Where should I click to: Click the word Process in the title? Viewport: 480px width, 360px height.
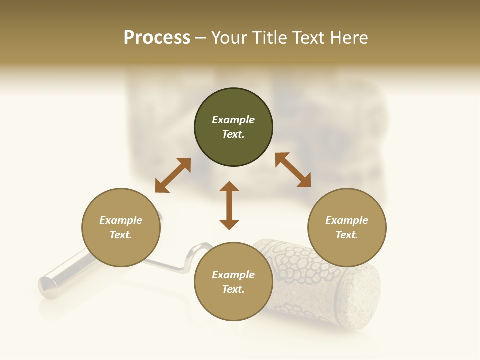coord(157,38)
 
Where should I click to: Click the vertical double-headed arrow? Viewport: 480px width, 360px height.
coord(229,205)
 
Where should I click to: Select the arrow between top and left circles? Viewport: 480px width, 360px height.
coord(173,175)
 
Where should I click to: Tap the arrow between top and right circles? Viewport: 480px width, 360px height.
coord(293,170)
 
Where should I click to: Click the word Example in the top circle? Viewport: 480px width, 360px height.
coord(233,120)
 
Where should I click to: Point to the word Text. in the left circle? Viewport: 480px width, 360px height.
coord(121,235)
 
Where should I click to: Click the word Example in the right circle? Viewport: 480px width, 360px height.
coord(347,220)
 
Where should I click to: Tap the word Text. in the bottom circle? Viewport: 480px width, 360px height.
coord(233,290)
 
